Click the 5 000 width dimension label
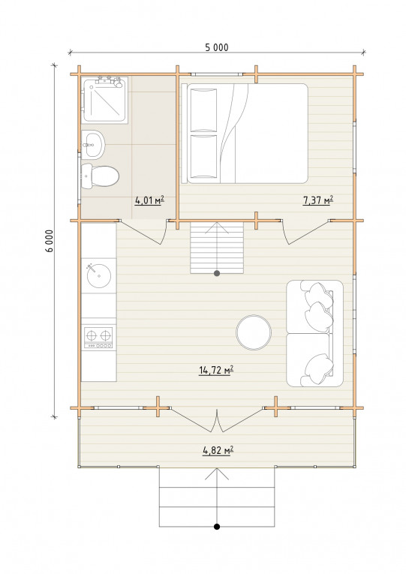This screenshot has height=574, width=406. (x=217, y=47)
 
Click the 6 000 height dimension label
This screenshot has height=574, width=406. (x=50, y=241)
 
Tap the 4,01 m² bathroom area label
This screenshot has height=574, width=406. (x=149, y=200)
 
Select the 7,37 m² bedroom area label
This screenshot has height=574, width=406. (x=317, y=200)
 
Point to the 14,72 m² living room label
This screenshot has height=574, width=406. (x=216, y=370)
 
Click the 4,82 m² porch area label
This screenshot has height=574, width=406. (x=218, y=450)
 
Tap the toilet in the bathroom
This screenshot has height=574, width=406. (x=100, y=176)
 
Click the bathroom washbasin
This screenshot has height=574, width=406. (x=93, y=145)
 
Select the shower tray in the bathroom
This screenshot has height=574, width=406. (x=105, y=100)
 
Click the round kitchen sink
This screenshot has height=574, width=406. (x=99, y=275)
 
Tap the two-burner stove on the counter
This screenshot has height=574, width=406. (x=98, y=338)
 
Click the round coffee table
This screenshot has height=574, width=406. (x=254, y=332)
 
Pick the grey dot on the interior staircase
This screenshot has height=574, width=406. (x=217, y=273)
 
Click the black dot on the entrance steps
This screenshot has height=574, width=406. (x=217, y=527)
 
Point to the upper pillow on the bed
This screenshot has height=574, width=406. (x=203, y=110)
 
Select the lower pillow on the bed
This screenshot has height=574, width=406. (x=203, y=157)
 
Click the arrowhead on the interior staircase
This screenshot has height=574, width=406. (x=217, y=227)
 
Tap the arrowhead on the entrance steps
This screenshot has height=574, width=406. (x=217, y=473)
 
